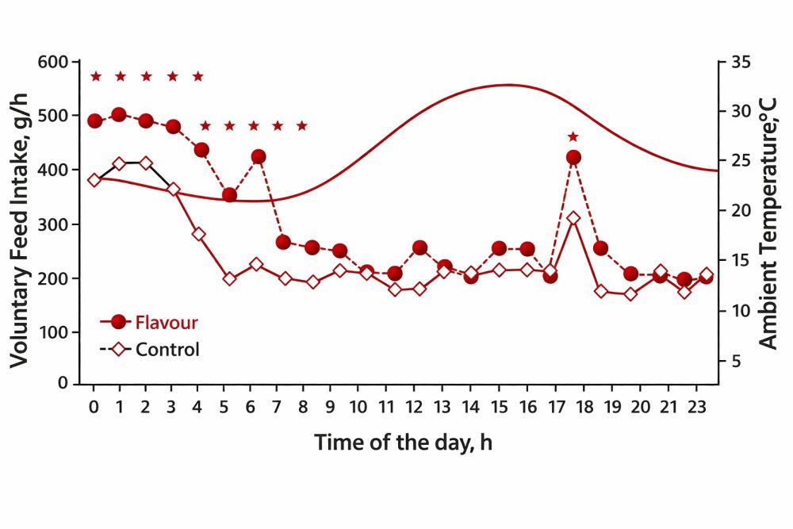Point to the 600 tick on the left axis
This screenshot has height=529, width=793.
click(54, 62)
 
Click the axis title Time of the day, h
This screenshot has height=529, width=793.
click(403, 442)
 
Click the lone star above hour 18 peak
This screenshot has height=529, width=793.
click(573, 137)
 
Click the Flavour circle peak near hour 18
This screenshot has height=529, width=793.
click(574, 157)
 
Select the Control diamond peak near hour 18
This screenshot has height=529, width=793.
click(574, 218)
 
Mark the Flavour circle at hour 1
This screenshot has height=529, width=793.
click(119, 115)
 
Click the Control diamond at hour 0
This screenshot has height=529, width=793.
click(94, 180)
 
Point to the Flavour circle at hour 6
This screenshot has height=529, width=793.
click(258, 156)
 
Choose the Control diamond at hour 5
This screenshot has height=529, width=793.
click(230, 278)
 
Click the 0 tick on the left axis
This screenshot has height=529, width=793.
click(63, 383)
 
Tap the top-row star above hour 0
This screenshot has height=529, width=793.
click(96, 77)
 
